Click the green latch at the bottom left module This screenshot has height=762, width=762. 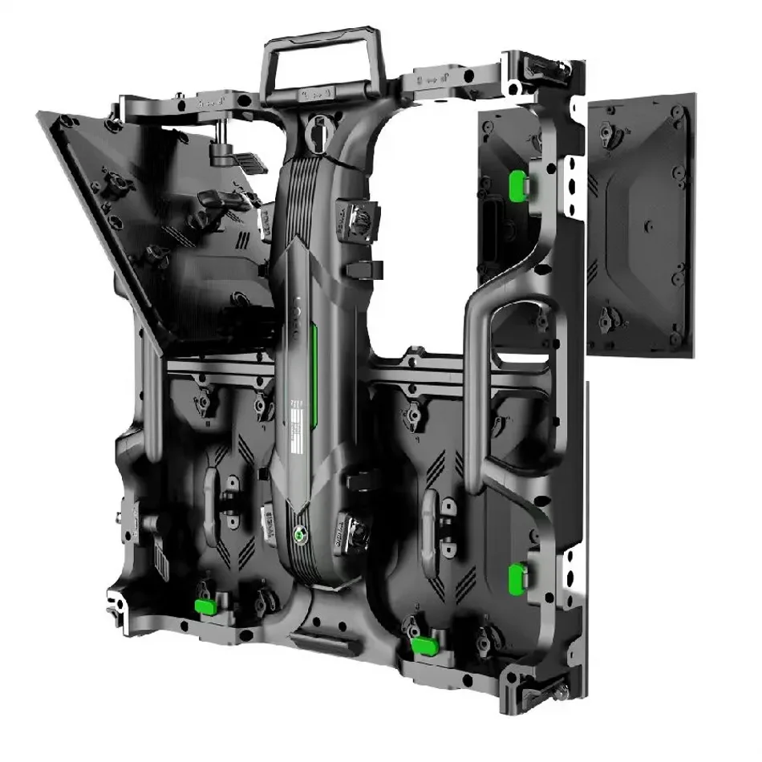(207, 605)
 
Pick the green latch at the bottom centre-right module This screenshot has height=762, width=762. (426, 643)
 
